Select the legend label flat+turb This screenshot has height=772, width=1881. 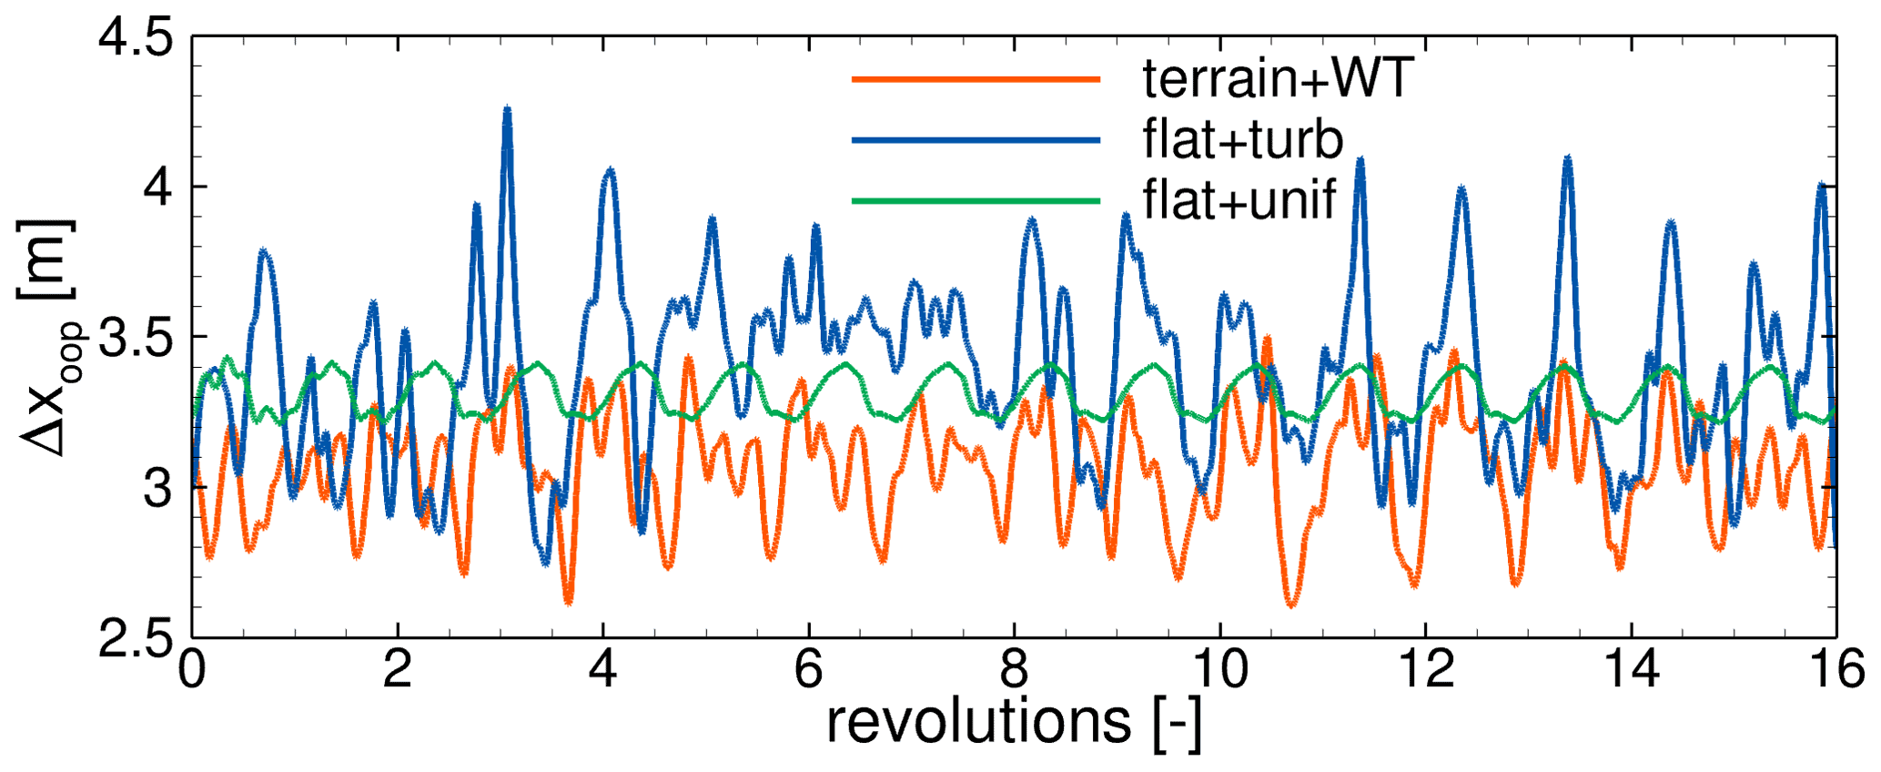(x=1243, y=140)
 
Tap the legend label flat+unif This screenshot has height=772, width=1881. (x=1239, y=200)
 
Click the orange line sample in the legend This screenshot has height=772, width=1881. (x=976, y=80)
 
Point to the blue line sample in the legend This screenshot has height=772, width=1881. (x=976, y=140)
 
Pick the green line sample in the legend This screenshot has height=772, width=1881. (x=976, y=200)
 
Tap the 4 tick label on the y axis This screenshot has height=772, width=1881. (x=157, y=188)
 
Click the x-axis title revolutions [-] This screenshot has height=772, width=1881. (x=1014, y=723)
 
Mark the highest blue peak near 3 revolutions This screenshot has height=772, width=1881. (x=507, y=109)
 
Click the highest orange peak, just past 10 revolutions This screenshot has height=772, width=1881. (x=1267, y=338)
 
